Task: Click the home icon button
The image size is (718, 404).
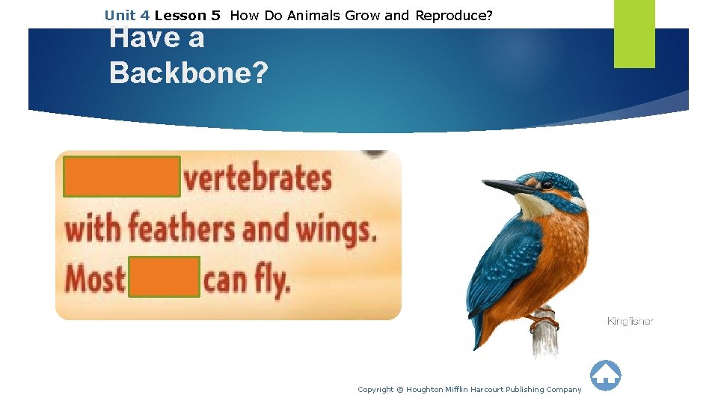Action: (605, 376)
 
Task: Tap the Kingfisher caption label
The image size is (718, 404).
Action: (630, 321)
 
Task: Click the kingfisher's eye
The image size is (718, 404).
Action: (547, 184)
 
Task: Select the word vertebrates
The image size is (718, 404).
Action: (258, 180)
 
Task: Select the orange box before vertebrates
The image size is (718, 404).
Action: (122, 177)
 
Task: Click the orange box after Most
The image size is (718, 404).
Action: (165, 277)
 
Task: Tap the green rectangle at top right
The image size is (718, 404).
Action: (634, 34)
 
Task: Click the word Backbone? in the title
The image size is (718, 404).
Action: (188, 72)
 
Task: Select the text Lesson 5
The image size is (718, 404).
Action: (187, 15)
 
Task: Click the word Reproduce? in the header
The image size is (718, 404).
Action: (454, 15)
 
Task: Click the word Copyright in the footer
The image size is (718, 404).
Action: (376, 389)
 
